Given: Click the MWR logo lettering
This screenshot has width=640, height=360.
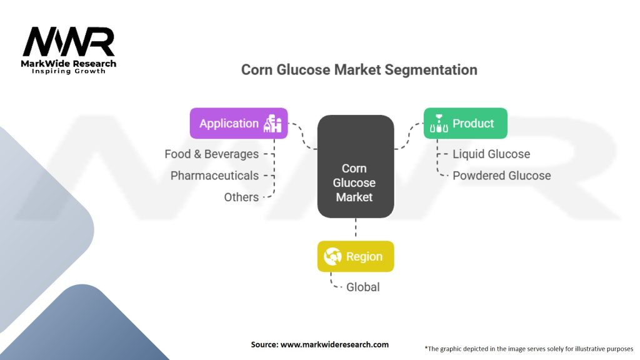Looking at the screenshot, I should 69,42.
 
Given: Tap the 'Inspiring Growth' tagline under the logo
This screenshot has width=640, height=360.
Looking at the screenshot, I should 69,71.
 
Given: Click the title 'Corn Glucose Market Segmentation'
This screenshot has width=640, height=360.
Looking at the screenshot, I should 359,69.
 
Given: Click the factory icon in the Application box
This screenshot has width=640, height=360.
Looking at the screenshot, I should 274,123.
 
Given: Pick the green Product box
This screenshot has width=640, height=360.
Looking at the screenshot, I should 465,123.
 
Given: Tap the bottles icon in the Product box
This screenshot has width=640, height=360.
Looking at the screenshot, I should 438,124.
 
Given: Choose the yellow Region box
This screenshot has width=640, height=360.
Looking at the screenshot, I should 356,256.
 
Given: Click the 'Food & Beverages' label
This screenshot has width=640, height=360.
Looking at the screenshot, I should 211,154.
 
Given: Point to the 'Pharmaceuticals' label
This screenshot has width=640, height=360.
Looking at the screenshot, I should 214,176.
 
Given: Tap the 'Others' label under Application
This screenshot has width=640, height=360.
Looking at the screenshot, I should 241,197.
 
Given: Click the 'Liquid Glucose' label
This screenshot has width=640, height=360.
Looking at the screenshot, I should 491,154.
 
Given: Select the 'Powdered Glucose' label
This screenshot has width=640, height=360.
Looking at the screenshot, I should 501,176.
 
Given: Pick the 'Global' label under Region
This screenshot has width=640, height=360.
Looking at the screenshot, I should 363,287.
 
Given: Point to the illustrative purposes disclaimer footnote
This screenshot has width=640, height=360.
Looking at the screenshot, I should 529,348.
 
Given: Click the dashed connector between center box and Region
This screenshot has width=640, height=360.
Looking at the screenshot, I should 356,229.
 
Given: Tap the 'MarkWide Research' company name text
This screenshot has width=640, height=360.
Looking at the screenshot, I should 69,64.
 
